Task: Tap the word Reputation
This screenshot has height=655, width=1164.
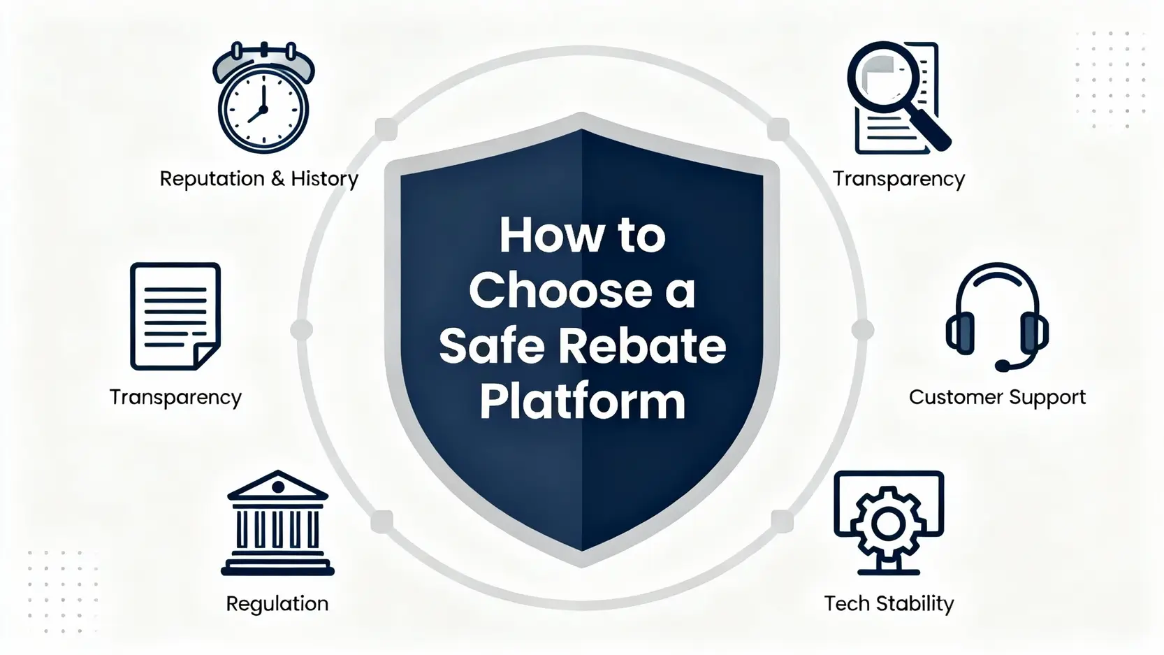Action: coord(212,179)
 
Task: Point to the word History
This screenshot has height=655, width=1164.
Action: coord(324,179)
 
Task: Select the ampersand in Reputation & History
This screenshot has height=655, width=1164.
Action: coord(277,179)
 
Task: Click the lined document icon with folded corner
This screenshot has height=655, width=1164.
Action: coord(175,316)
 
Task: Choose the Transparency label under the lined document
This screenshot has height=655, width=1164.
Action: coord(175,398)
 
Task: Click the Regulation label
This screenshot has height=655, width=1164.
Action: coord(277,604)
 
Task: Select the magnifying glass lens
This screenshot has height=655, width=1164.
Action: coord(879,73)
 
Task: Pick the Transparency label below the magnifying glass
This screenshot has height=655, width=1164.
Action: coord(899,179)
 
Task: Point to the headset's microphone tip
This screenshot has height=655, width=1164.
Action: coord(1002,366)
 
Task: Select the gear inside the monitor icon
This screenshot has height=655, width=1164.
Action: coord(888,524)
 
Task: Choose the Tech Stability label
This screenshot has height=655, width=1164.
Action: coord(889,603)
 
